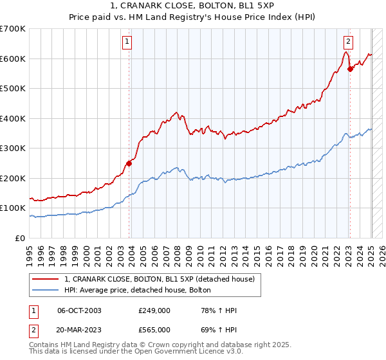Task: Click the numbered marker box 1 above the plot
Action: pos(127,42)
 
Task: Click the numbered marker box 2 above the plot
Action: pos(348,42)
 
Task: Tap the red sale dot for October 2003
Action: pos(129,163)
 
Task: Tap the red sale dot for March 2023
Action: pos(350,69)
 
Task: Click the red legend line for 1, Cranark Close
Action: pos(46,279)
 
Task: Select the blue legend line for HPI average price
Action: pos(46,289)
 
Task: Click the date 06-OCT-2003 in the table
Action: pos(79,310)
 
